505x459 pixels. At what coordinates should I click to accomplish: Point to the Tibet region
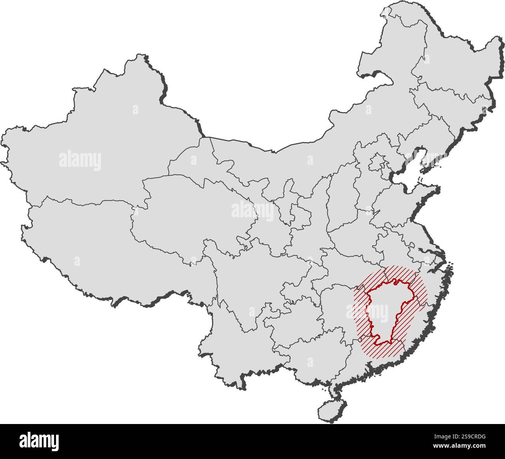(x=85, y=241)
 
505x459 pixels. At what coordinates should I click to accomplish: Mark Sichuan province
(x=249, y=280)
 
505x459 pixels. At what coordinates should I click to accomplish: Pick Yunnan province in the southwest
(x=233, y=342)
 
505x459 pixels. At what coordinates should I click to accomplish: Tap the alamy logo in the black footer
(x=39, y=441)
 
